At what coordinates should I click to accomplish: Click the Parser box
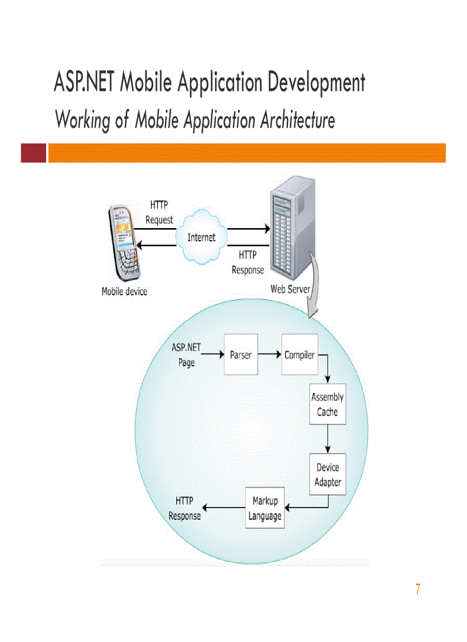click(241, 354)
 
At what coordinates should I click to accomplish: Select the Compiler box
click(299, 354)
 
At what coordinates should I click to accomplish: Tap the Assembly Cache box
click(327, 404)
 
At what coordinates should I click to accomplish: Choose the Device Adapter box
click(328, 474)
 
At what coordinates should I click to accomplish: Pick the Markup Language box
click(264, 508)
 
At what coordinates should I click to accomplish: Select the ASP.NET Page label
click(187, 355)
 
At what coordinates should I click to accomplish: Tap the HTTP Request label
click(159, 212)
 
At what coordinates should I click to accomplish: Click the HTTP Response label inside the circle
click(184, 508)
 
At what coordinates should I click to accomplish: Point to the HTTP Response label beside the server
click(248, 262)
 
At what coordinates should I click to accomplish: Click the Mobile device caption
click(124, 292)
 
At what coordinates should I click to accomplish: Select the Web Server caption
click(290, 289)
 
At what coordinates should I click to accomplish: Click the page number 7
click(418, 589)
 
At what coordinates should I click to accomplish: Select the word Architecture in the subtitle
click(297, 121)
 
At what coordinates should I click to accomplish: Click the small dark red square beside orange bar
click(33, 153)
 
